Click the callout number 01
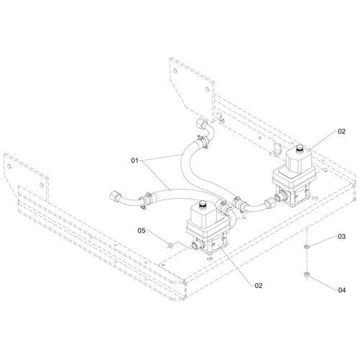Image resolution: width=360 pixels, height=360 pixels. coord(135,161)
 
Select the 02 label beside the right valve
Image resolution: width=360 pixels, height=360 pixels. coord(341,131)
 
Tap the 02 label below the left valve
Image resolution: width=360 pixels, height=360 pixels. coord(258,286)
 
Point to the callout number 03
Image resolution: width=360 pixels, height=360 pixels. coord(341,236)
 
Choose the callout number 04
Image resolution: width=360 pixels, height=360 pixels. coord(342,290)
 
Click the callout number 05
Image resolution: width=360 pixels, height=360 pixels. coord(141,230)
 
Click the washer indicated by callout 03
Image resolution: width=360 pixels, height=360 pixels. coord(306,246)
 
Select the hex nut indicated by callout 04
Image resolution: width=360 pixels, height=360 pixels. coord(306,274)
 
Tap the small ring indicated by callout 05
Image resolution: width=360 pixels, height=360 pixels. coord(170,246)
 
